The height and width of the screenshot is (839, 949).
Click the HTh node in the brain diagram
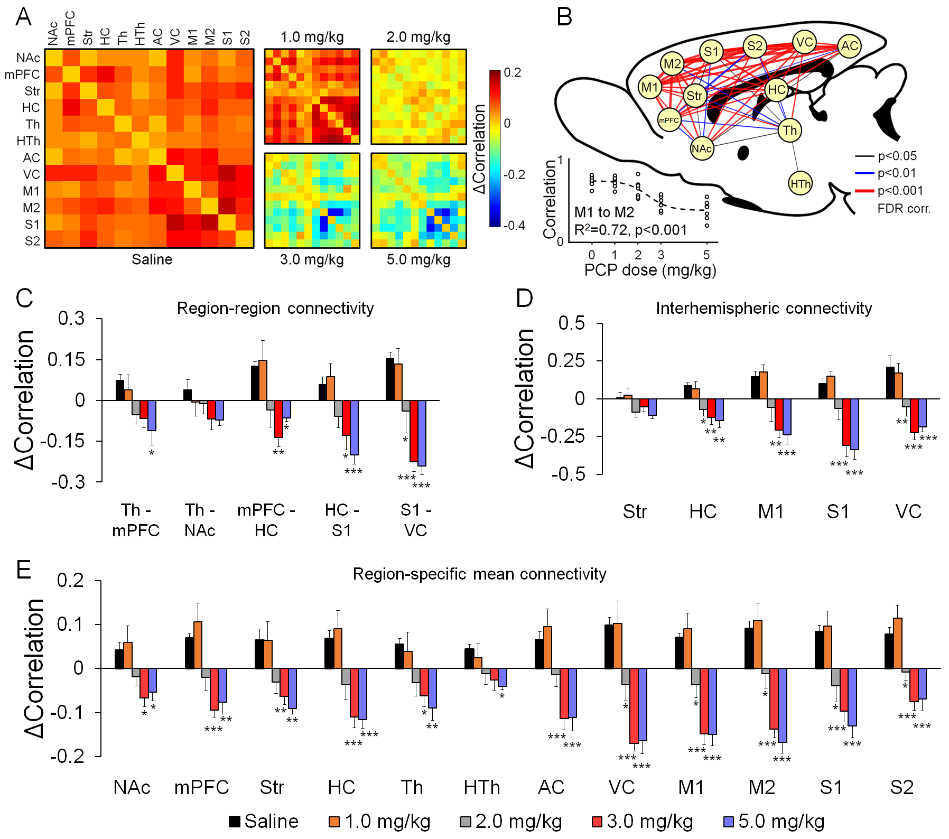click(x=800, y=184)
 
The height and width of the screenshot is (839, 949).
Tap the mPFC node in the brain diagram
click(x=668, y=120)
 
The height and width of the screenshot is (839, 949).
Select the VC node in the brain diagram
click(x=804, y=42)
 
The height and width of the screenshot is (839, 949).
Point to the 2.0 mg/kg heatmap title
click(x=418, y=37)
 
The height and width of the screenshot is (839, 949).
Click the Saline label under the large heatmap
click(x=152, y=259)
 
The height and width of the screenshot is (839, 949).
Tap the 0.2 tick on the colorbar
click(x=512, y=72)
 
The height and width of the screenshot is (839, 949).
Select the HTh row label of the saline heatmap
click(x=28, y=141)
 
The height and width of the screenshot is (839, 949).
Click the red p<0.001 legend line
click(x=864, y=191)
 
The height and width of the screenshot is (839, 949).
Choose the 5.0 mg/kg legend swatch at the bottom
click(x=729, y=822)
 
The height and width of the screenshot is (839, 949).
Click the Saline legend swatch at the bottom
click(x=235, y=822)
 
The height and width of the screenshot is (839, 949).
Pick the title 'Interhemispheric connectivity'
click(x=764, y=308)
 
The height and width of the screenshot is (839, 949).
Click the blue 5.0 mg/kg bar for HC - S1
click(x=354, y=427)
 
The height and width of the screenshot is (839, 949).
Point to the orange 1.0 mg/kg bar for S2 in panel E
click(x=898, y=643)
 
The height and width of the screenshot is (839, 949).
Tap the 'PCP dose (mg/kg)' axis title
click(x=650, y=270)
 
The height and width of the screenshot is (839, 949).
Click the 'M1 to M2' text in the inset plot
click(x=604, y=212)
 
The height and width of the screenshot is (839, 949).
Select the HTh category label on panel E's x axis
click(x=481, y=787)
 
